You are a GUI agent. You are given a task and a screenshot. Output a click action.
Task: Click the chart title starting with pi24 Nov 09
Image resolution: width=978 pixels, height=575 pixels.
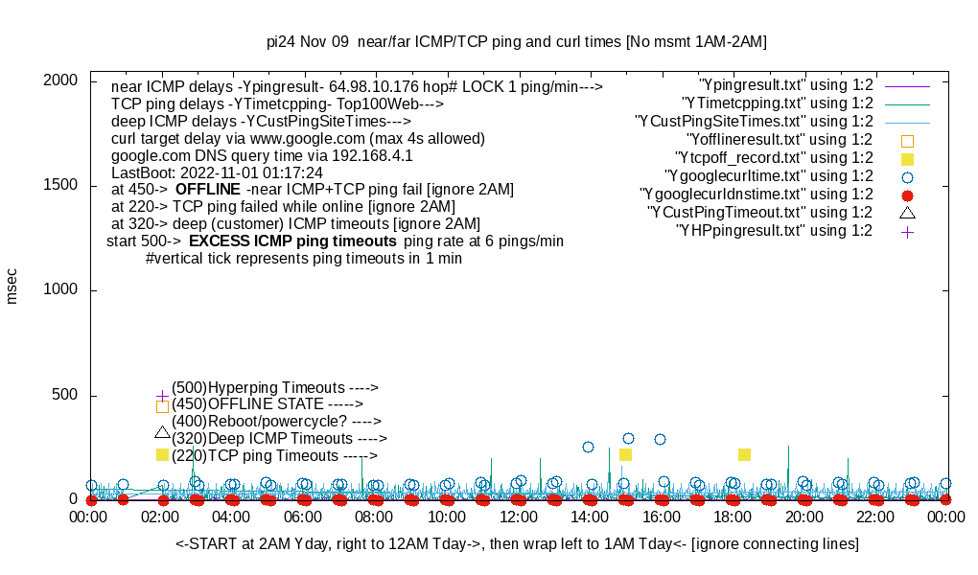(x=516, y=42)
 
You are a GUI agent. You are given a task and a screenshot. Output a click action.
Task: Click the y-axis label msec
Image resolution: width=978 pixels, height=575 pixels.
(x=12, y=286)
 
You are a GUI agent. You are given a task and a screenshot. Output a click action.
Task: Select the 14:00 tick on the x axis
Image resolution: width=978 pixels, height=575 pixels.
(x=590, y=517)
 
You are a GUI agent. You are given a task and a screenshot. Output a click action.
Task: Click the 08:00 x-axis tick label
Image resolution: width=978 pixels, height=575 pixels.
(x=375, y=517)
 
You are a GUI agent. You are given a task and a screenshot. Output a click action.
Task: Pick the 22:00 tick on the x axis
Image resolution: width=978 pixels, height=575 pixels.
(x=874, y=517)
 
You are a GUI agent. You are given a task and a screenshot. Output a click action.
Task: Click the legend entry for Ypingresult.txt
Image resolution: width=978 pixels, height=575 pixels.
(x=786, y=85)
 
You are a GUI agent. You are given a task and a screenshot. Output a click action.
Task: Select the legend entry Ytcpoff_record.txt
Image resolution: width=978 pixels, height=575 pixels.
(x=774, y=158)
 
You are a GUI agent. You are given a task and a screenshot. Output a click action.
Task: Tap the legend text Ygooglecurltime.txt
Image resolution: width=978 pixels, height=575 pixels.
(x=768, y=176)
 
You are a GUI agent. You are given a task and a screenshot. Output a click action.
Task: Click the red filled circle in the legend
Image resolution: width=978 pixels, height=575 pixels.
(x=907, y=195)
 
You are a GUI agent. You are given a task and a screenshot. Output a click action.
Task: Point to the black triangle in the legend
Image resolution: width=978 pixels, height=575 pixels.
(x=907, y=213)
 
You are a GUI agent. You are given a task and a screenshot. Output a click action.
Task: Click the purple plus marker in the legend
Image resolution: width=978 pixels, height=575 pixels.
(x=907, y=231)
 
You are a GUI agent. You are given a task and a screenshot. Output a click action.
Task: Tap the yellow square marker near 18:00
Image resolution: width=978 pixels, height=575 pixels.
(x=744, y=454)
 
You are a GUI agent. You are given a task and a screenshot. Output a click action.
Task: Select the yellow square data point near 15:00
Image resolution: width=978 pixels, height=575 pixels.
(x=625, y=455)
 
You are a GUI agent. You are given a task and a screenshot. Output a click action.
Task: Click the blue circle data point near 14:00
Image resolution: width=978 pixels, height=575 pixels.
(x=588, y=447)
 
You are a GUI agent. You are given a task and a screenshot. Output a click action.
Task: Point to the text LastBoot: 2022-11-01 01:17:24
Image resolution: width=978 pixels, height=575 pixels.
(x=217, y=172)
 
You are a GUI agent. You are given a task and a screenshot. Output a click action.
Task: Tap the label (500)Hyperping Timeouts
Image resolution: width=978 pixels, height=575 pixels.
(x=275, y=387)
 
